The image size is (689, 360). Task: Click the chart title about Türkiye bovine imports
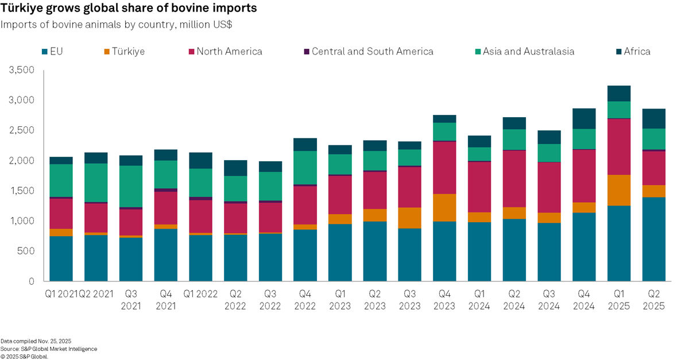coord(129,9)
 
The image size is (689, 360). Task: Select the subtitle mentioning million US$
coord(119,25)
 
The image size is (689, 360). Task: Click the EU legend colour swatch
coord(44,52)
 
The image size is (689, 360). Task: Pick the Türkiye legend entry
coord(124,52)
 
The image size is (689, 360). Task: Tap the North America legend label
coord(229,52)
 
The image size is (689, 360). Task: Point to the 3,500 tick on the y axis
coord(22,70)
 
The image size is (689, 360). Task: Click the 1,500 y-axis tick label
coord(22,191)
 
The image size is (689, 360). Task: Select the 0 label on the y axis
coord(32,281)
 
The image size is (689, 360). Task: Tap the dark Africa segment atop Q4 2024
coord(583,118)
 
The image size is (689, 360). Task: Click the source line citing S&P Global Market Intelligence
coord(49,349)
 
